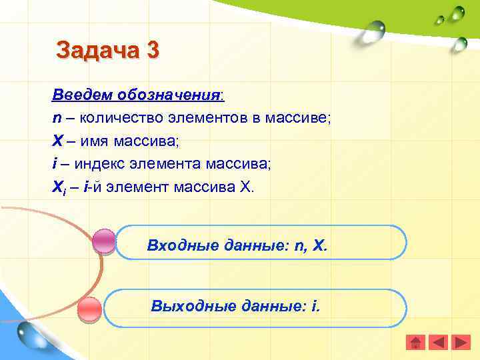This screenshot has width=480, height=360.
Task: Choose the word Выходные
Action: [x=190, y=306]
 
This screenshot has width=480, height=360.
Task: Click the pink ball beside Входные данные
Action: [x=103, y=241]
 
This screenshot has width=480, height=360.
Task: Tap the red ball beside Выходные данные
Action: [x=89, y=310]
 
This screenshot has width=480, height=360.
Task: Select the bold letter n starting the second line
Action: [x=56, y=118]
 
